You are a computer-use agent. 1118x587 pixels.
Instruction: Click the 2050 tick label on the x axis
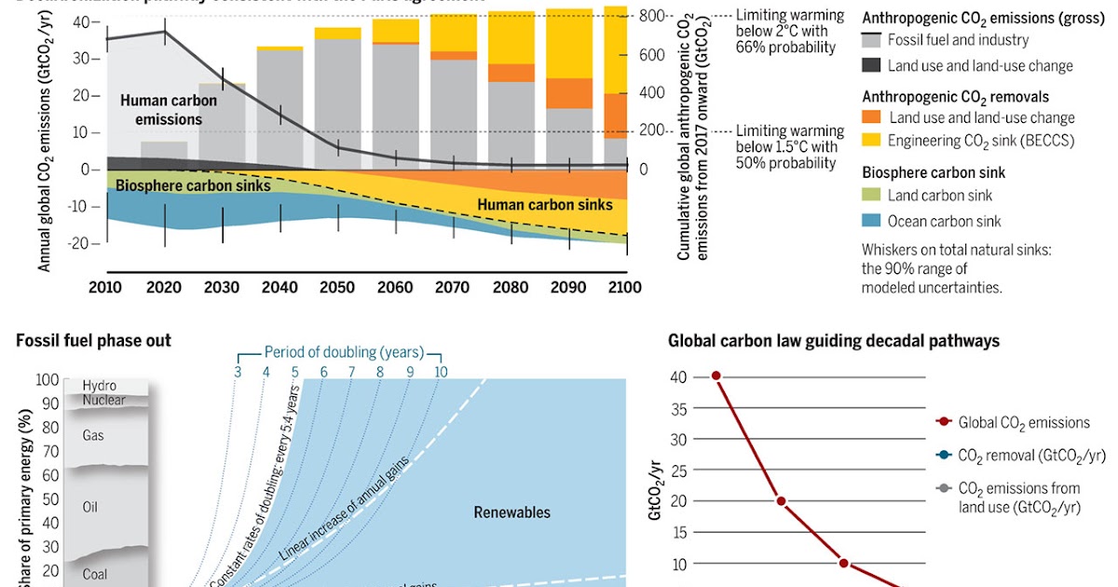[337, 287]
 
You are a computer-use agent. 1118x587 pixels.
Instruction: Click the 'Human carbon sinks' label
[545, 205]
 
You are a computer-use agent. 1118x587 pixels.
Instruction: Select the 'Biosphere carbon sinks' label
[193, 185]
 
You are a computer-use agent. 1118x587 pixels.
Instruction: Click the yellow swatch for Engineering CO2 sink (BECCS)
[871, 141]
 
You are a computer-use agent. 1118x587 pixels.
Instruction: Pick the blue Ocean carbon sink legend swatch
[871, 221]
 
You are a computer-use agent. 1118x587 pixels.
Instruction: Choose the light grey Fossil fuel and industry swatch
[871, 40]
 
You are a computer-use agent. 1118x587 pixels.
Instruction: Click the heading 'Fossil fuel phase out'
[94, 341]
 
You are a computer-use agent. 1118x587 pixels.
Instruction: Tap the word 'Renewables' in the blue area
[511, 512]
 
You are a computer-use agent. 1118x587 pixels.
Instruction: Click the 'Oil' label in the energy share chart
[91, 508]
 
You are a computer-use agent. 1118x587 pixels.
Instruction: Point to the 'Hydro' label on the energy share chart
[100, 385]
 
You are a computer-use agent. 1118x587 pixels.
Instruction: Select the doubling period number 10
[440, 372]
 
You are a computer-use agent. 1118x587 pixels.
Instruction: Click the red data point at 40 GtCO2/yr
[716, 375]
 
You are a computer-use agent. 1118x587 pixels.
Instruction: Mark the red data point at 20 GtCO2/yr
[781, 501]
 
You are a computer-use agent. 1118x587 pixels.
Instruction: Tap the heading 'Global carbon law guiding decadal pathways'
[833, 341]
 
